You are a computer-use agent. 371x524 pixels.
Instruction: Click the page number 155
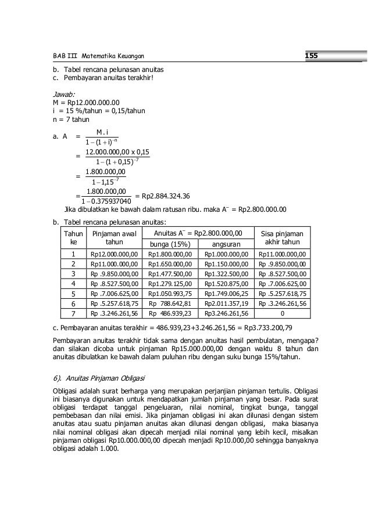pos(313,56)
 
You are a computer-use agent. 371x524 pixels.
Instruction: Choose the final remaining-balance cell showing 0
pos(283,313)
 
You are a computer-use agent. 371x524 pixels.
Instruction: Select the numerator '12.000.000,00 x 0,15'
pos(117,152)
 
